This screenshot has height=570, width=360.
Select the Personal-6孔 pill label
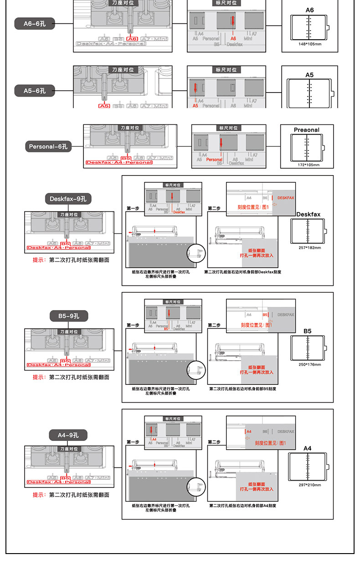pyautogui.click(x=48, y=147)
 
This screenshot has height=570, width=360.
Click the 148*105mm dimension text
pyautogui.click(x=310, y=44)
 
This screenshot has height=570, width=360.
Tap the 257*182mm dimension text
pyautogui.click(x=310, y=248)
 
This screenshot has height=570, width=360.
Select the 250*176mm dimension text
pyautogui.click(x=310, y=364)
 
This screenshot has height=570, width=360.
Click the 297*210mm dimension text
pyautogui.click(x=310, y=485)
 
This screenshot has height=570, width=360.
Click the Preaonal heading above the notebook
pyautogui.click(x=307, y=130)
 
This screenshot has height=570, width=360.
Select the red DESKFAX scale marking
pyautogui.click(x=286, y=198)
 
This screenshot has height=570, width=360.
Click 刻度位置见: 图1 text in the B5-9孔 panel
pyautogui.click(x=256, y=325)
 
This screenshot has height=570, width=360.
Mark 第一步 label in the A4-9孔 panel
pyautogui.click(x=133, y=442)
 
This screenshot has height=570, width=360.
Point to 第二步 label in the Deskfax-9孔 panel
pyautogui.click(x=214, y=208)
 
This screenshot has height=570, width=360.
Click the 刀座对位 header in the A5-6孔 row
pyautogui.click(x=123, y=70)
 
